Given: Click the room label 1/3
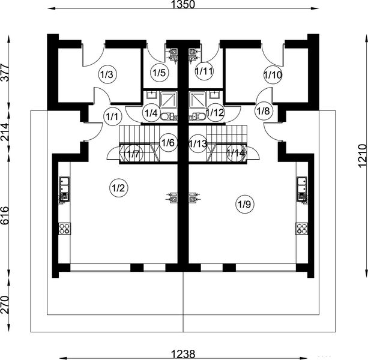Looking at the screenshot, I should [x=106, y=75].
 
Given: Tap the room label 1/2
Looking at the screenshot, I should [x=118, y=188].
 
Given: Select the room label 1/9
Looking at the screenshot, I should [x=244, y=205].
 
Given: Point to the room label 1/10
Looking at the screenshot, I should [x=273, y=75].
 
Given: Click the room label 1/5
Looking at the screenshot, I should [x=159, y=73].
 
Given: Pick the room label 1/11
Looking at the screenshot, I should [x=205, y=71].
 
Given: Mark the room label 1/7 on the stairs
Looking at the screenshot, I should [x=133, y=154].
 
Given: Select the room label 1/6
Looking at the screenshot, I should [x=168, y=143].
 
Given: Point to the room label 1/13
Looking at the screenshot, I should [x=198, y=143].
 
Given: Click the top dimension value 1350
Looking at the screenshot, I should [x=184, y=5].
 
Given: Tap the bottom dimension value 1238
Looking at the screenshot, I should [x=184, y=354].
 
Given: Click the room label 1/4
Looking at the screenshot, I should [x=151, y=112].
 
